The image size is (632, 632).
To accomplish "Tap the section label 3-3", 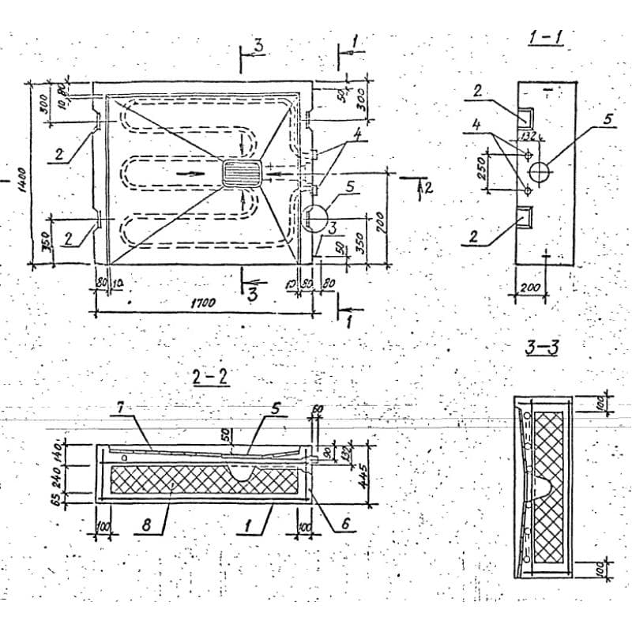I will (x=541, y=347).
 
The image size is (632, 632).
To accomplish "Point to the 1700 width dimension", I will (x=205, y=302).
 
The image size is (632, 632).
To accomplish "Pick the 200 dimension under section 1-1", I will (x=531, y=287).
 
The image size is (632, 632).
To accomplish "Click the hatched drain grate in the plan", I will (x=242, y=173).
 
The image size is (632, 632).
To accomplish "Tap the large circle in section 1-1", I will (x=540, y=171).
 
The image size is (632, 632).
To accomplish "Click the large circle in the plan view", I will (x=316, y=217).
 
